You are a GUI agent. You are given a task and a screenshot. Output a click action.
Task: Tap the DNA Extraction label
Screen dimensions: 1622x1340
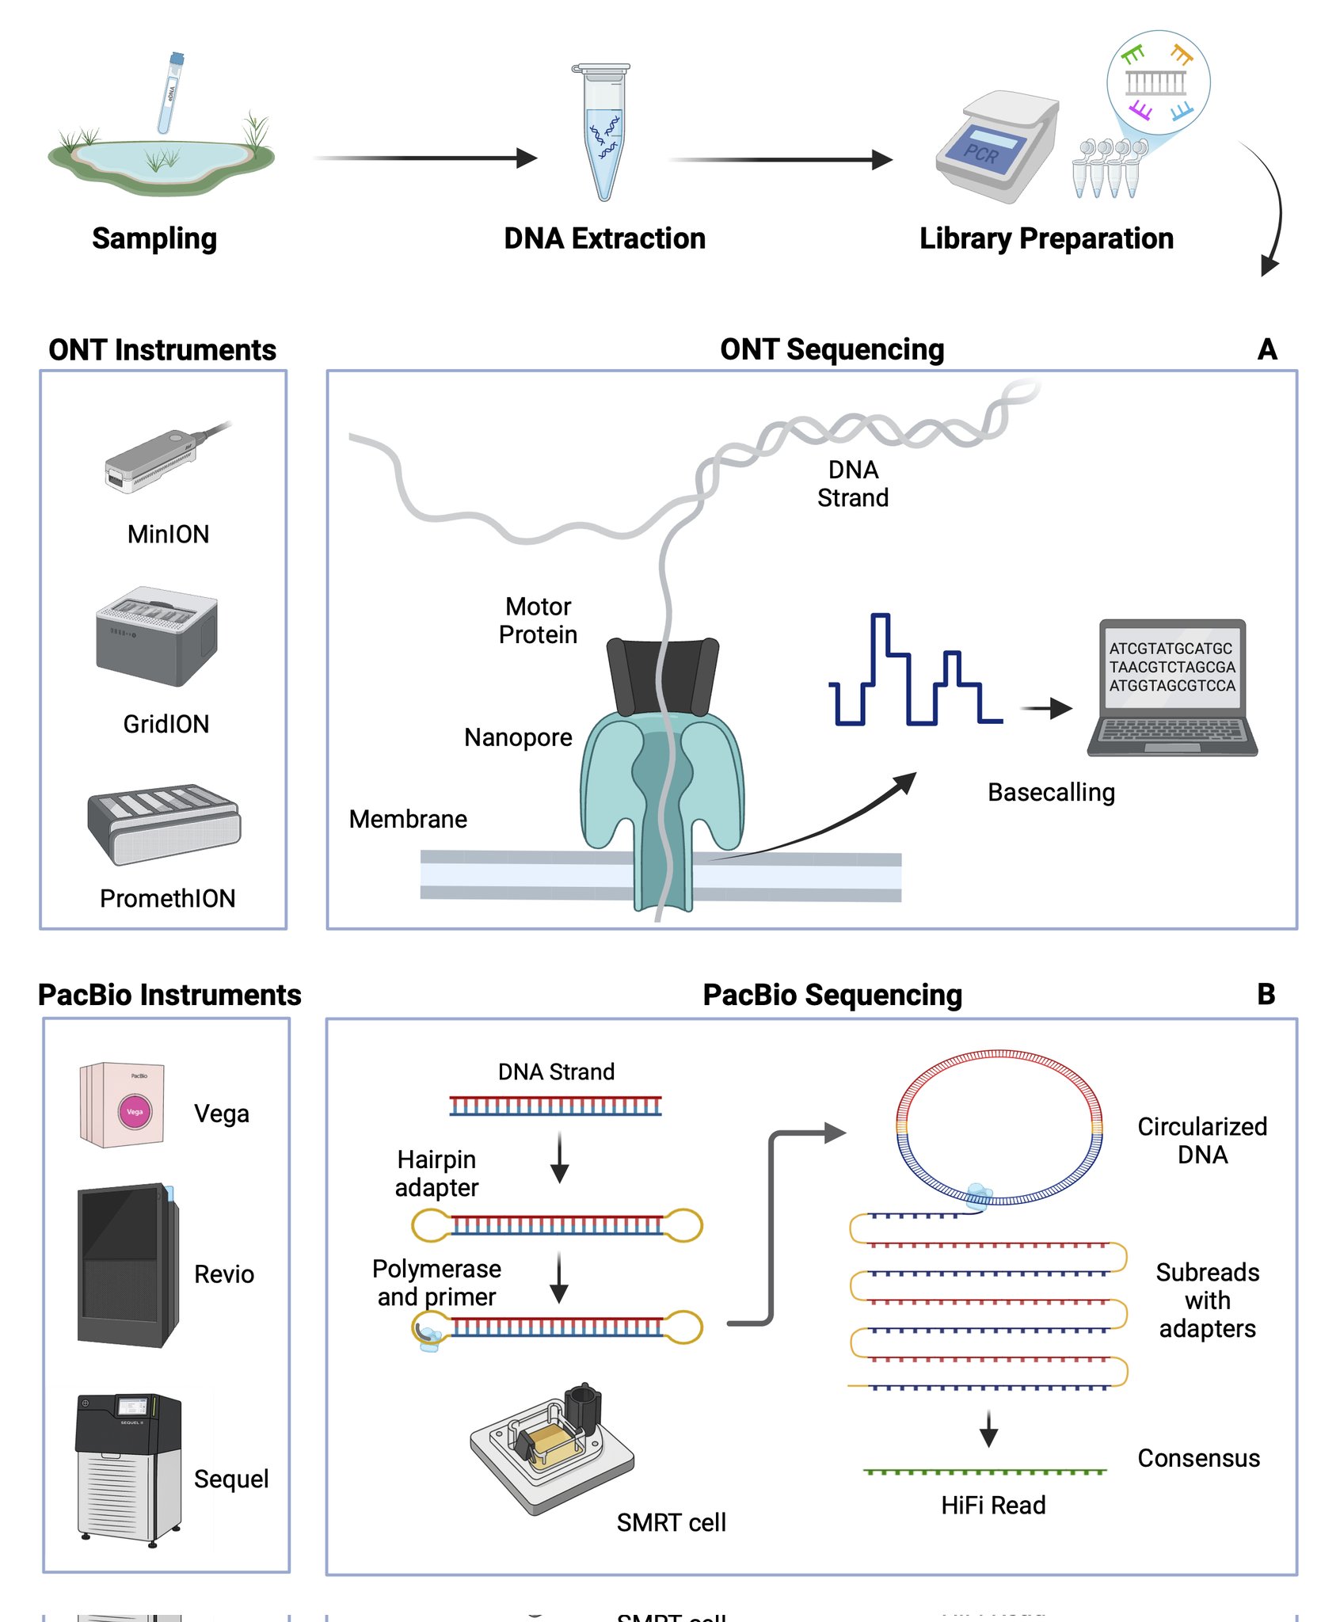click(604, 238)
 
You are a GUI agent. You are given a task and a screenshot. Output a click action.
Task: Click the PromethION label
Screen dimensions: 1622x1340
click(167, 898)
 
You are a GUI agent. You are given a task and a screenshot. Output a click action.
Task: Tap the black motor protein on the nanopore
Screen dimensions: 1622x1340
click(662, 677)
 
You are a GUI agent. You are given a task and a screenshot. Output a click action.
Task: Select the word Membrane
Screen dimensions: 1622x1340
click(408, 819)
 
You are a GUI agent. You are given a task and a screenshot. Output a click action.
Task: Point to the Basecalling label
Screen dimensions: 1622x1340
click(1051, 792)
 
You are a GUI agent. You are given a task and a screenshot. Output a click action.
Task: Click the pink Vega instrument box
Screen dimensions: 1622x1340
click(123, 1106)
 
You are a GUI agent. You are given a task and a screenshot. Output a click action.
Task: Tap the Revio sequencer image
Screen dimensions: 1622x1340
click(128, 1266)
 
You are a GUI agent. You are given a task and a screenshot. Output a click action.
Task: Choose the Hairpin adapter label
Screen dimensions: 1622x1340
click(436, 1174)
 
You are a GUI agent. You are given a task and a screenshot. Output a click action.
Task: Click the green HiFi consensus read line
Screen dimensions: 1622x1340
click(984, 1472)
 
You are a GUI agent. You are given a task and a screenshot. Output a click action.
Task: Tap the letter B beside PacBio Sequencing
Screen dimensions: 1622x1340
click(1266, 995)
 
